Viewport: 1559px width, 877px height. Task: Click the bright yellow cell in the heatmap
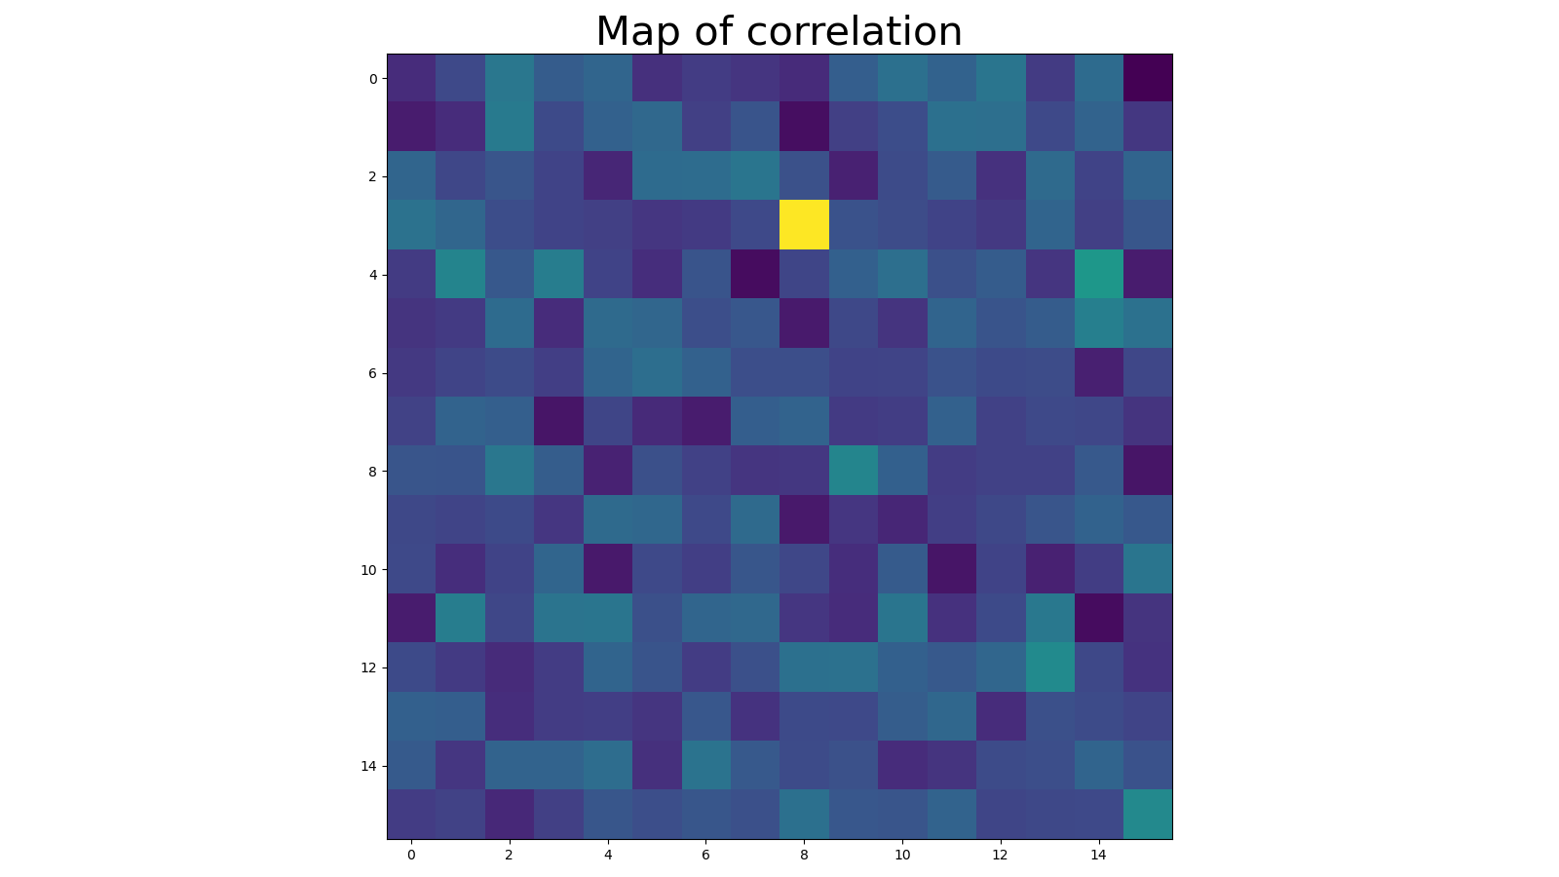804,225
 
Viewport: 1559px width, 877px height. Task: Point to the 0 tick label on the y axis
371,79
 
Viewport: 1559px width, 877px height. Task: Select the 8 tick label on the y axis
371,472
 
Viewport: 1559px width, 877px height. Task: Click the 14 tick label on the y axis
368,766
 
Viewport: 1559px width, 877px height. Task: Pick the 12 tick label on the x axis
1001,855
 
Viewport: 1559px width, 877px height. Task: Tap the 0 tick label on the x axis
411,855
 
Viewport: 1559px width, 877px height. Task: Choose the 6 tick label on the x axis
705,855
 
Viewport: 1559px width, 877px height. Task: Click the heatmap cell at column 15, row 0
1148,78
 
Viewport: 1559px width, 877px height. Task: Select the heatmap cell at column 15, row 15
1148,815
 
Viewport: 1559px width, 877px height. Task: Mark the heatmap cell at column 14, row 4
1099,275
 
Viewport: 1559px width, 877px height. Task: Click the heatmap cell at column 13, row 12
1049,667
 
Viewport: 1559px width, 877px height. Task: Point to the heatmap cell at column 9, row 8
854,471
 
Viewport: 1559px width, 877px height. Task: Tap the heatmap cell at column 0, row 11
411,618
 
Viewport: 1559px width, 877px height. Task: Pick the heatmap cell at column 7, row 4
755,275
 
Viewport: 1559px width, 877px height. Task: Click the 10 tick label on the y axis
368,569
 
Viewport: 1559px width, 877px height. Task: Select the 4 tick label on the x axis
608,855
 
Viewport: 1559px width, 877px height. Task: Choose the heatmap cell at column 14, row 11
1099,618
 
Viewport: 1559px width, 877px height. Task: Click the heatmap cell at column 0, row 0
411,78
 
